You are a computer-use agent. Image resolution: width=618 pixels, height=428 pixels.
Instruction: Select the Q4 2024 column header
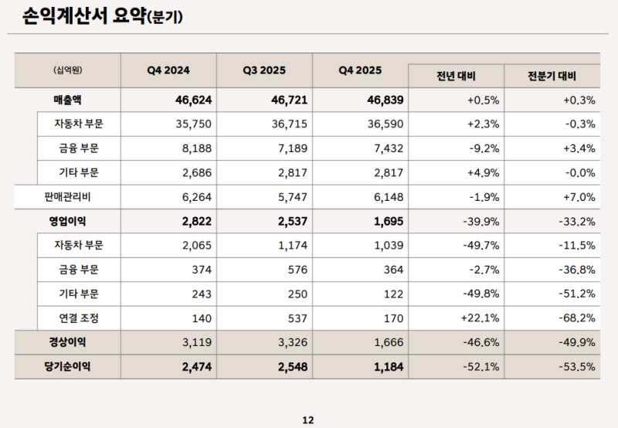(168, 70)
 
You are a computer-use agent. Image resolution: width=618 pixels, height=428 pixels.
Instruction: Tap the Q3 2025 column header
(264, 70)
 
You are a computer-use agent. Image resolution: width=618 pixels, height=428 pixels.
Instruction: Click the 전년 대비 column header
(456, 76)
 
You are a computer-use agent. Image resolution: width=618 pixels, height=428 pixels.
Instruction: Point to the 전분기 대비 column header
(552, 76)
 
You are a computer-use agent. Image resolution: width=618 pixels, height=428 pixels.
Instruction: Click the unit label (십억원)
(68, 70)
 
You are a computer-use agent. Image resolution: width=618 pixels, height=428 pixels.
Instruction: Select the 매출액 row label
(68, 100)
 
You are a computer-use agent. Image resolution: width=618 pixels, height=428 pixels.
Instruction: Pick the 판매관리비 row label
(68, 196)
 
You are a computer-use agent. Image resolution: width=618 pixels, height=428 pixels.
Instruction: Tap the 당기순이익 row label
(68, 366)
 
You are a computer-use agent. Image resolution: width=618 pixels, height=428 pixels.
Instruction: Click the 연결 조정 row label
(79, 318)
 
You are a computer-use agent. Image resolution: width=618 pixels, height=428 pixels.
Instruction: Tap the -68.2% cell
(576, 318)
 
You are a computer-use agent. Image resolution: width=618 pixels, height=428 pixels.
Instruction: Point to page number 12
(308, 420)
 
